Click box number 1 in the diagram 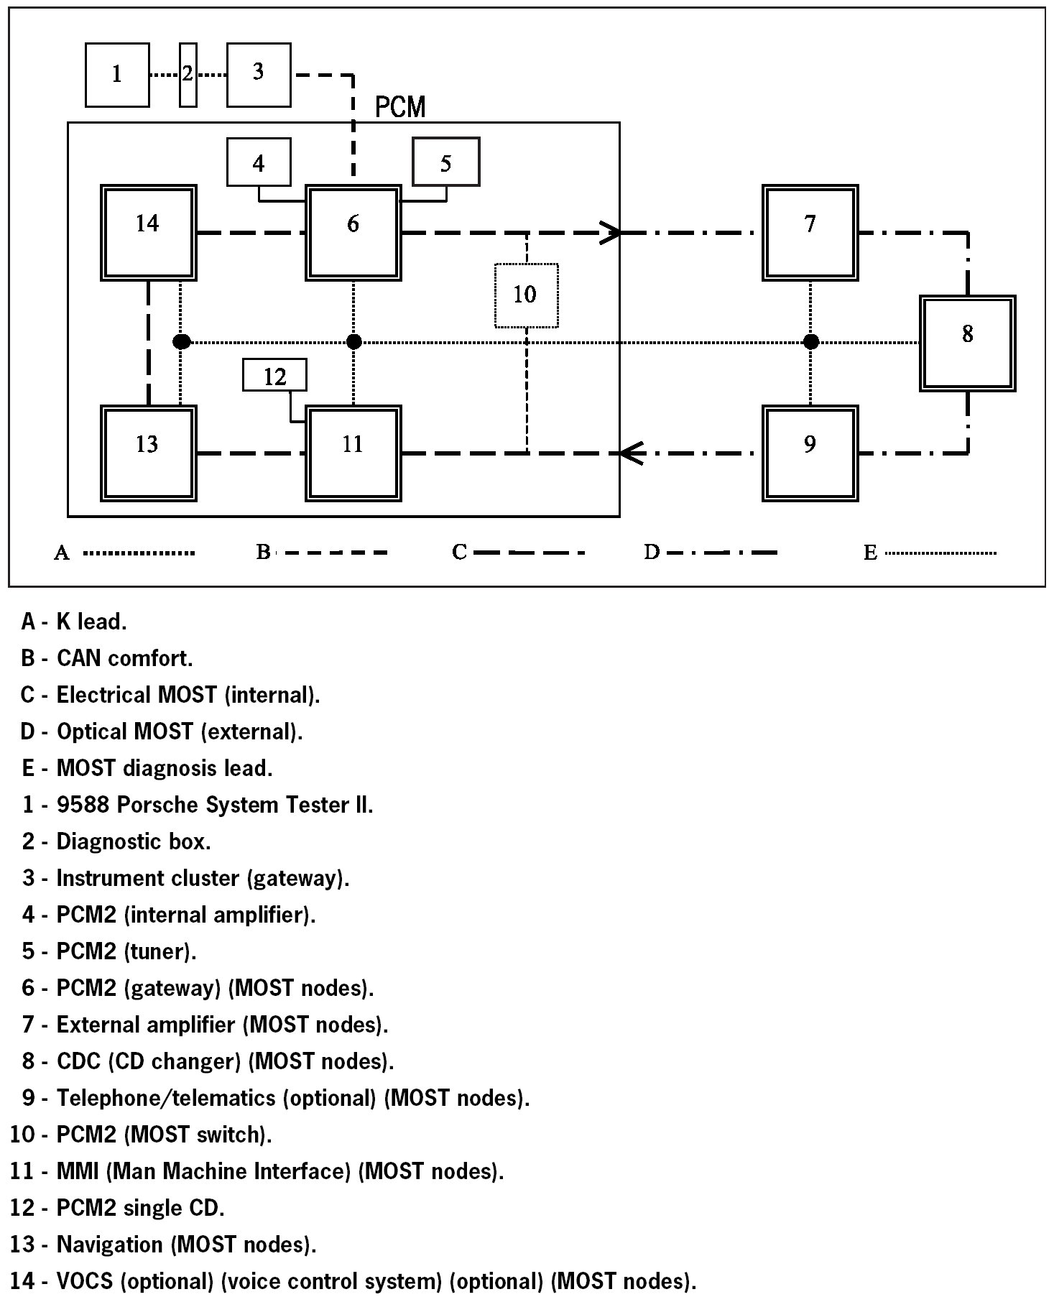point(117,75)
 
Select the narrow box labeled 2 point(188,75)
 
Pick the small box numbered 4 point(259,163)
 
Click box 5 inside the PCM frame point(445,162)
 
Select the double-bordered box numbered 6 point(353,232)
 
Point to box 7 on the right point(810,232)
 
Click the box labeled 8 point(967,343)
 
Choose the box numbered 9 point(810,453)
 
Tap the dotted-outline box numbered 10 point(526,295)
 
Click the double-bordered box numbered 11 point(353,453)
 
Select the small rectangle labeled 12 point(274,376)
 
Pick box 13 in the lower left point(148,453)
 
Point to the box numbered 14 point(148,232)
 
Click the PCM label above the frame point(400,108)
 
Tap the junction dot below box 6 point(353,342)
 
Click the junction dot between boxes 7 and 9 point(810,342)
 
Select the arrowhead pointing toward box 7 point(611,233)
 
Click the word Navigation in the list point(111,1245)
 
